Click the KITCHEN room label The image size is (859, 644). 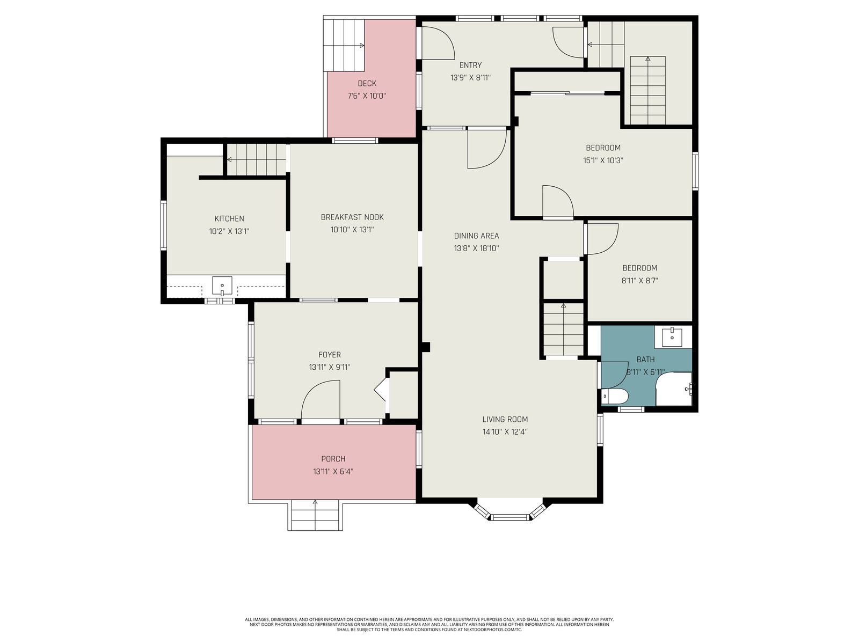(229, 218)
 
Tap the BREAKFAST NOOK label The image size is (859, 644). (352, 217)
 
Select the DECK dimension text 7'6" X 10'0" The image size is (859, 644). (367, 96)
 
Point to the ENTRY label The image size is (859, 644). (470, 65)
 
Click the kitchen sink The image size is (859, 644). (222, 286)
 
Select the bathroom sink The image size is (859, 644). (672, 338)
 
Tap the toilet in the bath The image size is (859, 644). (614, 396)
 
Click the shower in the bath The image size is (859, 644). (674, 389)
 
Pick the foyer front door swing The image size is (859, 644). (321, 400)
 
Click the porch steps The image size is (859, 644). (315, 515)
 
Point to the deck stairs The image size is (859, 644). (344, 46)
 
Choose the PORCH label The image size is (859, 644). (333, 459)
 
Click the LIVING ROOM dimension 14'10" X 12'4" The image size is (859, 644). (505, 431)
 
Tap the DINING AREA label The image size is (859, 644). (476, 236)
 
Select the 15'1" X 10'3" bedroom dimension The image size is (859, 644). (603, 160)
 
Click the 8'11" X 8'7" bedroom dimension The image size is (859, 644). (639, 280)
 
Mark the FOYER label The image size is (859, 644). (330, 355)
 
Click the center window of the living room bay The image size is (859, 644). (510, 517)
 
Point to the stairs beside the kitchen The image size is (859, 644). (257, 159)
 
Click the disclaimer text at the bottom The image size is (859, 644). (429, 624)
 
